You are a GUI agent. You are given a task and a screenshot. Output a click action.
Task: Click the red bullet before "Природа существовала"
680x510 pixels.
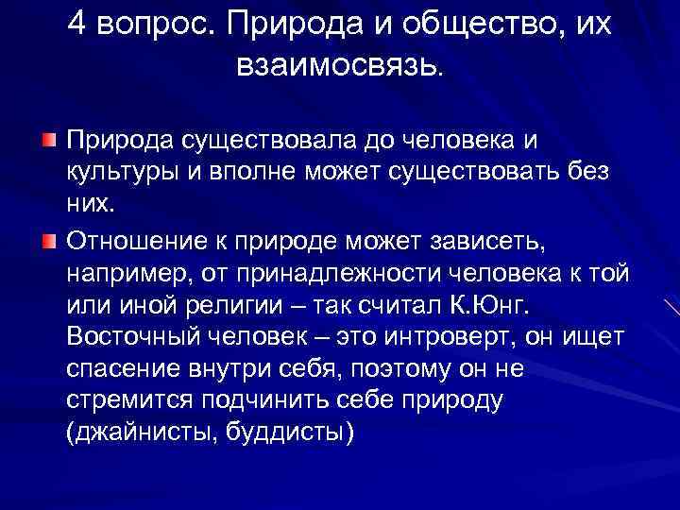point(47,141)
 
